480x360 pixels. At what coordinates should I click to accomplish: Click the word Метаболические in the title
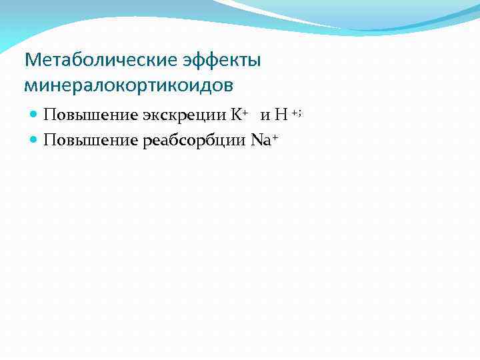(101, 61)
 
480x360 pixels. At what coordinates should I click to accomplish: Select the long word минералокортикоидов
(129, 85)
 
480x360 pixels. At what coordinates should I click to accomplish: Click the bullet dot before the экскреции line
(34, 115)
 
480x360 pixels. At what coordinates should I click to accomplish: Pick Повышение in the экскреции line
(90, 115)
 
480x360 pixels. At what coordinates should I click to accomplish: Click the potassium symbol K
(236, 115)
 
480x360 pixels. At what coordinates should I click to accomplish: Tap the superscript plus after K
(245, 111)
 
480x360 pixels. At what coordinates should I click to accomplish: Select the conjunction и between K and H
(265, 116)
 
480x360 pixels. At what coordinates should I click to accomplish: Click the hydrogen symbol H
(281, 115)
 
